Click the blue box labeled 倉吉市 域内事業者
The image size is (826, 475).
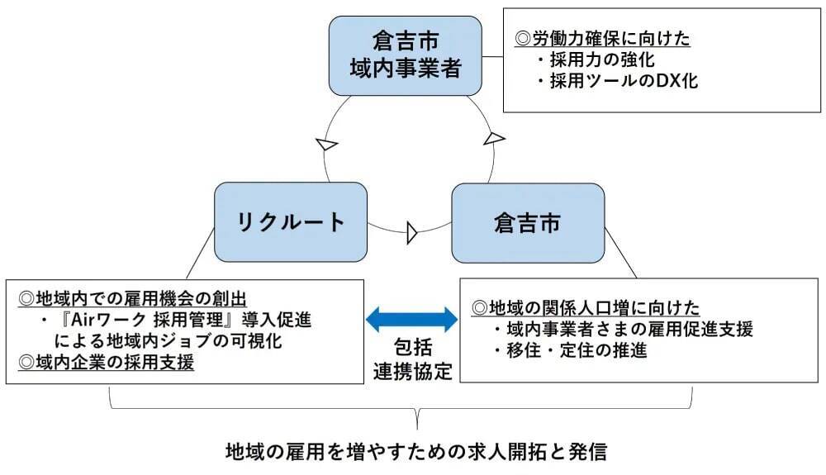click(x=405, y=55)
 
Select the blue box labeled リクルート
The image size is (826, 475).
click(x=290, y=221)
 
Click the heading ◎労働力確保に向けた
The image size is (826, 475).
click(x=602, y=38)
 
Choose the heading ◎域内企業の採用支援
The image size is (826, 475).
click(x=106, y=362)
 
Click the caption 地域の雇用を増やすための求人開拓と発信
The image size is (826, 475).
click(x=416, y=452)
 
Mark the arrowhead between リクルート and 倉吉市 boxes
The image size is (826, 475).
click(x=412, y=234)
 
